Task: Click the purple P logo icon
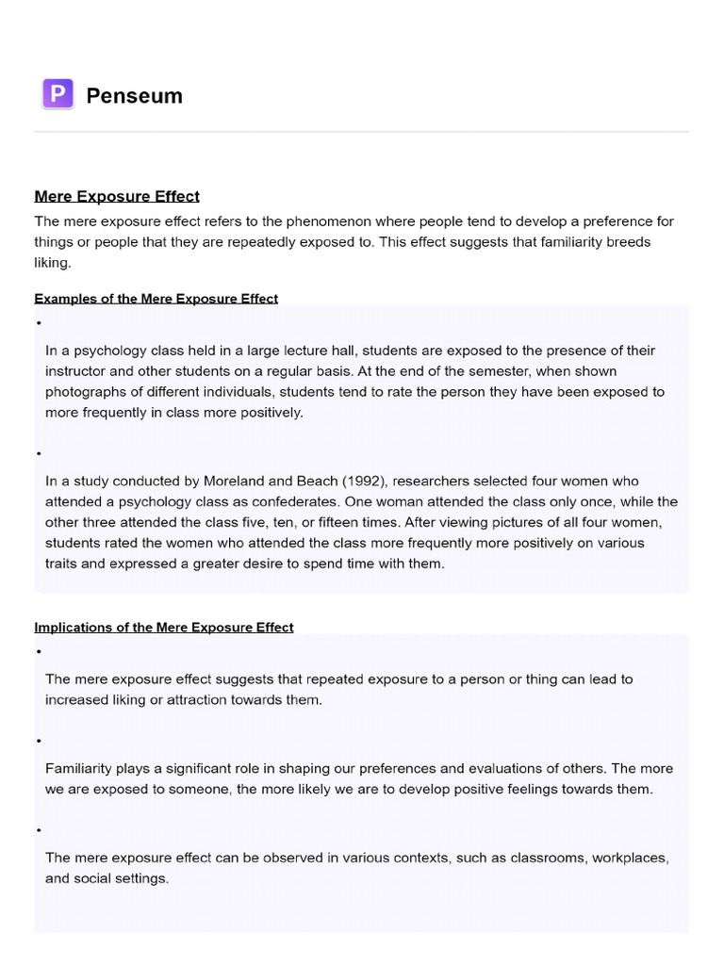pyautogui.click(x=58, y=94)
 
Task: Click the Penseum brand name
pyautogui.click(x=134, y=95)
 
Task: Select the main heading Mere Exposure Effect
pyautogui.click(x=117, y=196)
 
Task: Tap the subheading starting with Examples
pyautogui.click(x=156, y=299)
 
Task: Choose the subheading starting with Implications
pyautogui.click(x=163, y=628)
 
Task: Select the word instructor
pyautogui.click(x=80, y=371)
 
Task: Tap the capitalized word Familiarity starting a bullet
pyautogui.click(x=81, y=768)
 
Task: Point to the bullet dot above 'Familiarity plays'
pyautogui.click(x=40, y=741)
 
